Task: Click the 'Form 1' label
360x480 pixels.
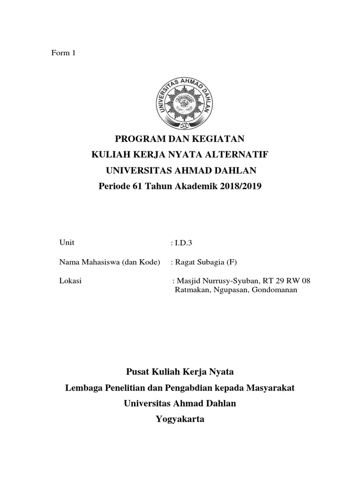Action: (x=63, y=53)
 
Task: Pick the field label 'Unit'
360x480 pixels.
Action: (x=67, y=242)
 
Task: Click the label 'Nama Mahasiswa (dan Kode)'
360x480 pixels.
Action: (x=110, y=261)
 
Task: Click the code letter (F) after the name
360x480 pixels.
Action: (x=232, y=262)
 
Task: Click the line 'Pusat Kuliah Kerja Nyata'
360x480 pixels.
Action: (x=180, y=372)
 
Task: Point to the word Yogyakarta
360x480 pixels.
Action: (x=180, y=419)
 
